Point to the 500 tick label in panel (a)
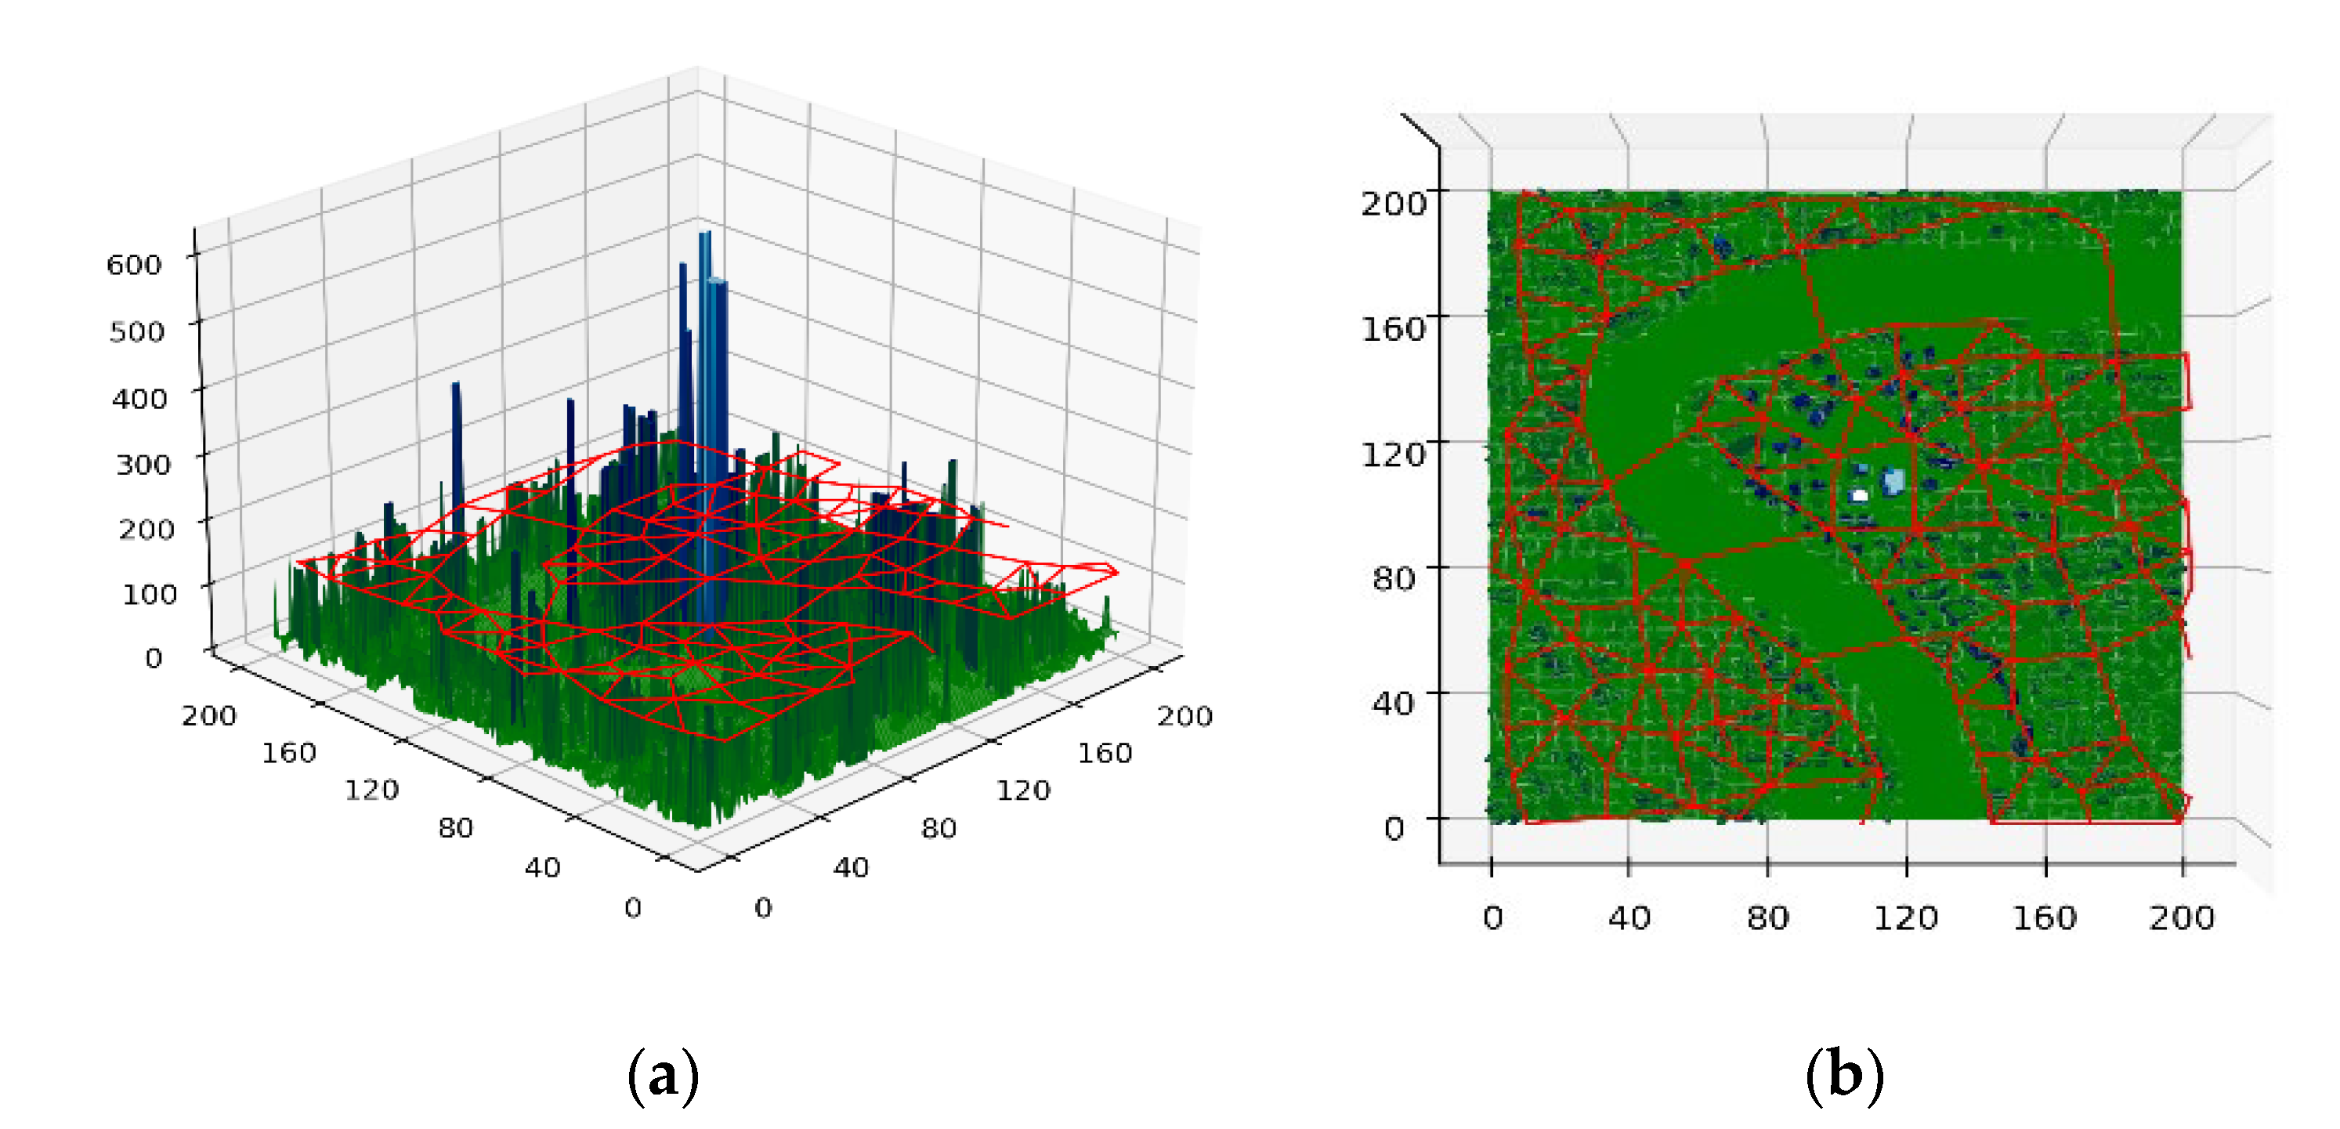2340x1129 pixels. pos(136,331)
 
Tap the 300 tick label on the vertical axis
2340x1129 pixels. pos(143,464)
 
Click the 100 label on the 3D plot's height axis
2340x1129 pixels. pos(149,594)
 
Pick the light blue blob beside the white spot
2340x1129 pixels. pos(1893,480)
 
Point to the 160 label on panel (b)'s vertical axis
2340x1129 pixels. pos(1393,328)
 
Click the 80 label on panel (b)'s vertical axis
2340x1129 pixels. pos(1394,577)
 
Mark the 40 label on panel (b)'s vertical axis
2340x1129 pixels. pos(1393,703)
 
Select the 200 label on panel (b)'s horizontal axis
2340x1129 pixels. pos(2181,917)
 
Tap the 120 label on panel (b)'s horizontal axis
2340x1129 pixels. pos(1906,917)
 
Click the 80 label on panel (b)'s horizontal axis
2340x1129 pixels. pos(1767,917)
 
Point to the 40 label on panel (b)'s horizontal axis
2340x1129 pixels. pos(1629,917)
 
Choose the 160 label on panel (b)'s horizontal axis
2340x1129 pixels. pos(2044,917)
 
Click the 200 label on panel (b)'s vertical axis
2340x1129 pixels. pos(1393,204)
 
